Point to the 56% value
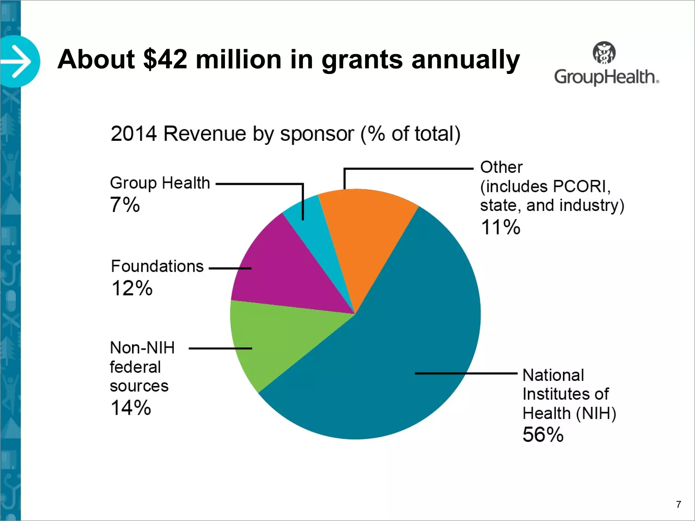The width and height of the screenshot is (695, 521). pyautogui.click(x=543, y=435)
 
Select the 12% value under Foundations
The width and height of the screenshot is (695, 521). pyautogui.click(x=132, y=288)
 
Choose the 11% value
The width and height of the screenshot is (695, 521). pyautogui.click(x=501, y=227)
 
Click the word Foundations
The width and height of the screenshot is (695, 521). pyautogui.click(x=157, y=266)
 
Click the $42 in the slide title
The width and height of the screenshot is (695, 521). pyautogui.click(x=165, y=59)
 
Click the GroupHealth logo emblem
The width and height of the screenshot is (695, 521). pyautogui.click(x=604, y=53)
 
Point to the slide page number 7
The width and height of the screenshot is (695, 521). pyautogui.click(x=678, y=504)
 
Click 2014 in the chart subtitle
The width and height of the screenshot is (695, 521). pyautogui.click(x=134, y=134)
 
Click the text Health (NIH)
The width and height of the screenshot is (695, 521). pyautogui.click(x=569, y=413)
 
